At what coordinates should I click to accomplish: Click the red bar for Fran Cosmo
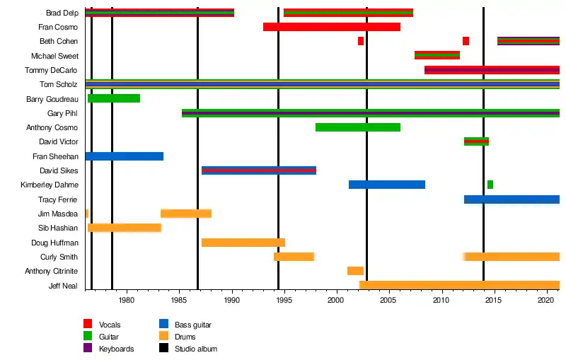pyautogui.click(x=331, y=27)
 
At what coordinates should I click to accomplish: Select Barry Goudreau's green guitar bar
pyautogui.click(x=113, y=98)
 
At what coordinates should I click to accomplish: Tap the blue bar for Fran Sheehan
pyautogui.click(x=124, y=156)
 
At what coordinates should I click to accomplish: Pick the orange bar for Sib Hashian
pyautogui.click(x=124, y=228)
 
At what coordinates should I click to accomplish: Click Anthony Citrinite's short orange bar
pyautogui.click(x=355, y=271)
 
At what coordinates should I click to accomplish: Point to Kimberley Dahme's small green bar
pyautogui.click(x=490, y=185)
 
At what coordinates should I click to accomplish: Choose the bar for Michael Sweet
pyautogui.click(x=437, y=55)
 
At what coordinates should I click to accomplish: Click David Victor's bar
pyautogui.click(x=476, y=141)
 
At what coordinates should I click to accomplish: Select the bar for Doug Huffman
pyautogui.click(x=243, y=243)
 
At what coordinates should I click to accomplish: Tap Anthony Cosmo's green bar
pyautogui.click(x=357, y=127)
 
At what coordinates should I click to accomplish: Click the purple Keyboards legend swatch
pyautogui.click(x=88, y=349)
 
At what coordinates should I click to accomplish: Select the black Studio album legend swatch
pyautogui.click(x=163, y=349)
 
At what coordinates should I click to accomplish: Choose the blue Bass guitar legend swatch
pyautogui.click(x=163, y=325)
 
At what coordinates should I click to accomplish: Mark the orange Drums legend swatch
pyautogui.click(x=163, y=337)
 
